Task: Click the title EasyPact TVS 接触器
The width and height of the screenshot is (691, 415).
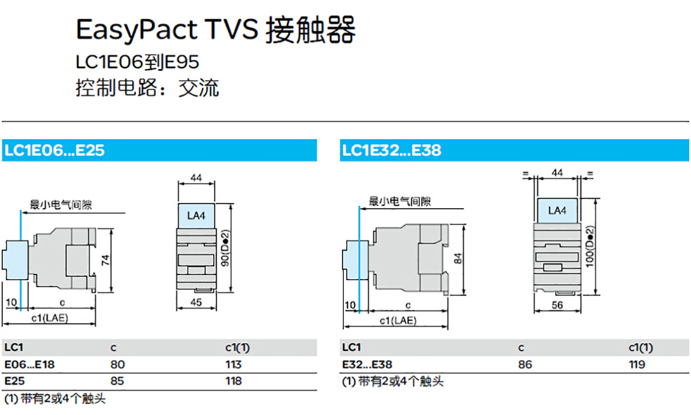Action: point(215,30)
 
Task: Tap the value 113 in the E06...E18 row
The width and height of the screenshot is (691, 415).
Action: point(233,364)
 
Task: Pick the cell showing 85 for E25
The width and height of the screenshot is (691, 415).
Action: point(117,381)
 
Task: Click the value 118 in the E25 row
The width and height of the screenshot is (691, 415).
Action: point(233,381)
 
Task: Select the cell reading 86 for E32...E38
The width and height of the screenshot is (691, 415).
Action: point(525,364)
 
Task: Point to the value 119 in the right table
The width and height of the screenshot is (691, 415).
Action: point(637,364)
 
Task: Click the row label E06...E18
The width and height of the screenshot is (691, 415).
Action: point(30,364)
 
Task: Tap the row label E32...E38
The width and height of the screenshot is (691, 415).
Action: point(367,364)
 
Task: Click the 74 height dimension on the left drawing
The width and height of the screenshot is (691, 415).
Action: point(106,260)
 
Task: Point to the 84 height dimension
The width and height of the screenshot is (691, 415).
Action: point(458,259)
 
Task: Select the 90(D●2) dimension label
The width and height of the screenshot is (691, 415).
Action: point(225,248)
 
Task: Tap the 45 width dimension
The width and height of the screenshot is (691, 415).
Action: point(196,302)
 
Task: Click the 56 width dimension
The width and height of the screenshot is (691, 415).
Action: point(557,305)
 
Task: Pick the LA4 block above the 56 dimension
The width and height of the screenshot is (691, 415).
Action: point(557,211)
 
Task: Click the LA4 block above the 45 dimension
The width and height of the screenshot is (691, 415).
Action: point(196,216)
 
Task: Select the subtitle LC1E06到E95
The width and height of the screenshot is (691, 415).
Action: point(138,62)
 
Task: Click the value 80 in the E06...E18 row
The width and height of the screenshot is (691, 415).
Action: point(117,364)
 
